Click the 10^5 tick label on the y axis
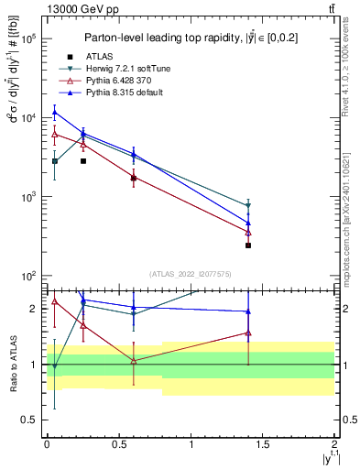pos(27,38)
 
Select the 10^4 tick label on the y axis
pos(27,118)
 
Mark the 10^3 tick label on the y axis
pos(27,197)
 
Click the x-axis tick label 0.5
pos(118,442)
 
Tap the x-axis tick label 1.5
pos(263,442)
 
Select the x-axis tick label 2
pos(335,442)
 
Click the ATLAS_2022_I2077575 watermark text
pos(191,273)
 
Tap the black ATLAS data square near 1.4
pos(248,245)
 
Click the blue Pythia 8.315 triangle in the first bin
pos(55,113)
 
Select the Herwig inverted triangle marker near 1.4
pos(248,206)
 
